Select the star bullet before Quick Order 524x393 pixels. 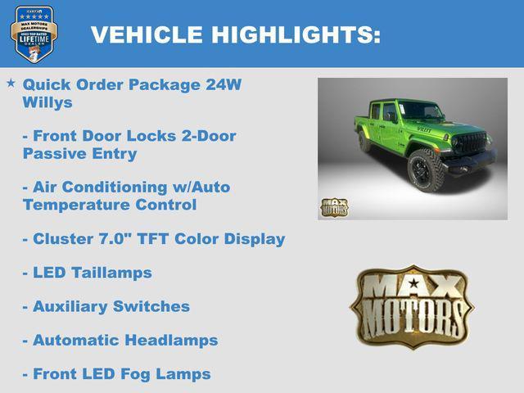(11, 84)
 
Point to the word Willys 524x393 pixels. (47, 102)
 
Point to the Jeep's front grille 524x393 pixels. (469, 144)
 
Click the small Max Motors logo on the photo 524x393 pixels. (334, 207)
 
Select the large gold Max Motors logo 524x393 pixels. (412, 306)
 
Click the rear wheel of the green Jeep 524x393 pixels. (364, 142)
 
